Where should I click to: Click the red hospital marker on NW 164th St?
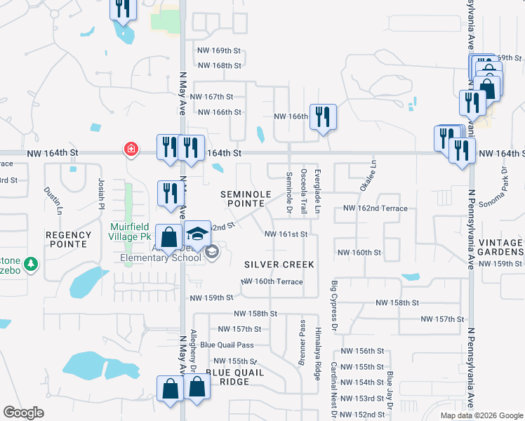tap(130, 149)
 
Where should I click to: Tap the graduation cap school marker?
tap(197, 234)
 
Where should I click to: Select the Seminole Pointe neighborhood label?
tap(245, 198)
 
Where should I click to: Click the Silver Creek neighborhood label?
tap(279, 265)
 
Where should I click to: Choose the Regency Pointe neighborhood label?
tap(68, 239)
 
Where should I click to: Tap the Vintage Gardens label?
tap(500, 247)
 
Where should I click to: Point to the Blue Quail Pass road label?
tap(227, 345)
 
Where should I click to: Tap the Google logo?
tap(23, 413)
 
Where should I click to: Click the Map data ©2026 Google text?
tap(481, 415)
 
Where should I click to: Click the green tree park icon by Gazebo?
tap(30, 265)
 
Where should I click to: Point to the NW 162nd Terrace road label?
tap(375, 208)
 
